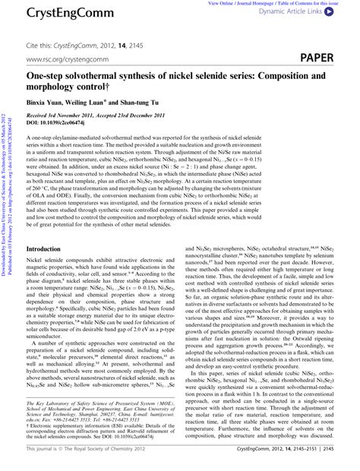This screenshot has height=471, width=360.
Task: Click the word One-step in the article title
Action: pos(48,77)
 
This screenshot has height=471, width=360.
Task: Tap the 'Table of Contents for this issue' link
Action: pos(318,4)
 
